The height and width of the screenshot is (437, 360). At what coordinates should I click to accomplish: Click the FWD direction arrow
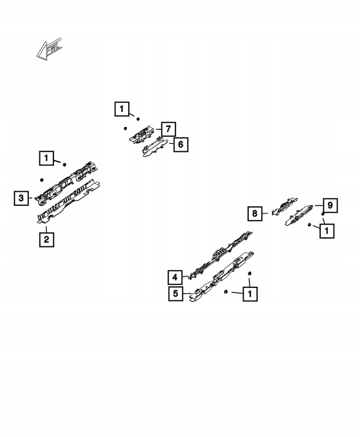tap(49, 49)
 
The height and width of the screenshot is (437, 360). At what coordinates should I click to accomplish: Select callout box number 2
tap(47, 239)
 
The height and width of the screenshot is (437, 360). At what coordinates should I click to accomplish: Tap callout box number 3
tap(21, 198)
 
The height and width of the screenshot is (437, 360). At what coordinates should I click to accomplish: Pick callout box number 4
tap(175, 277)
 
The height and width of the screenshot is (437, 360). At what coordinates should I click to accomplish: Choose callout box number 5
tap(176, 294)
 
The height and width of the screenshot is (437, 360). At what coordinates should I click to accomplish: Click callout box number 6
tap(181, 145)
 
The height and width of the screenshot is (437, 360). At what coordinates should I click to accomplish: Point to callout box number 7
tap(168, 129)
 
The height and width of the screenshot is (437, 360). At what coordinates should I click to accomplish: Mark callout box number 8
tap(255, 214)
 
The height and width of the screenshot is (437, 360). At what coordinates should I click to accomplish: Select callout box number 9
tap(330, 205)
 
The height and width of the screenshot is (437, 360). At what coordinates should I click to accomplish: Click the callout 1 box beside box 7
tap(121, 109)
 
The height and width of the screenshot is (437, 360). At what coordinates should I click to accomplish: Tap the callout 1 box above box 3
tap(47, 158)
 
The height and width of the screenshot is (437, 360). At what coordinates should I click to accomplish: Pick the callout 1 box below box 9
tap(327, 231)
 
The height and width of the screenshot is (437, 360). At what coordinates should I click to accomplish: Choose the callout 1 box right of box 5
tap(250, 294)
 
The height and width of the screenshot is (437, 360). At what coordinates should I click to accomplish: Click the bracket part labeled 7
tap(142, 134)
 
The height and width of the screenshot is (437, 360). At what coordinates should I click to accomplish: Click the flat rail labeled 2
tap(69, 201)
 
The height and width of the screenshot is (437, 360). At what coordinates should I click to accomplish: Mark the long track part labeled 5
tap(222, 277)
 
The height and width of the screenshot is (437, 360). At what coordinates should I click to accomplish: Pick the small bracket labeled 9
tap(299, 215)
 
